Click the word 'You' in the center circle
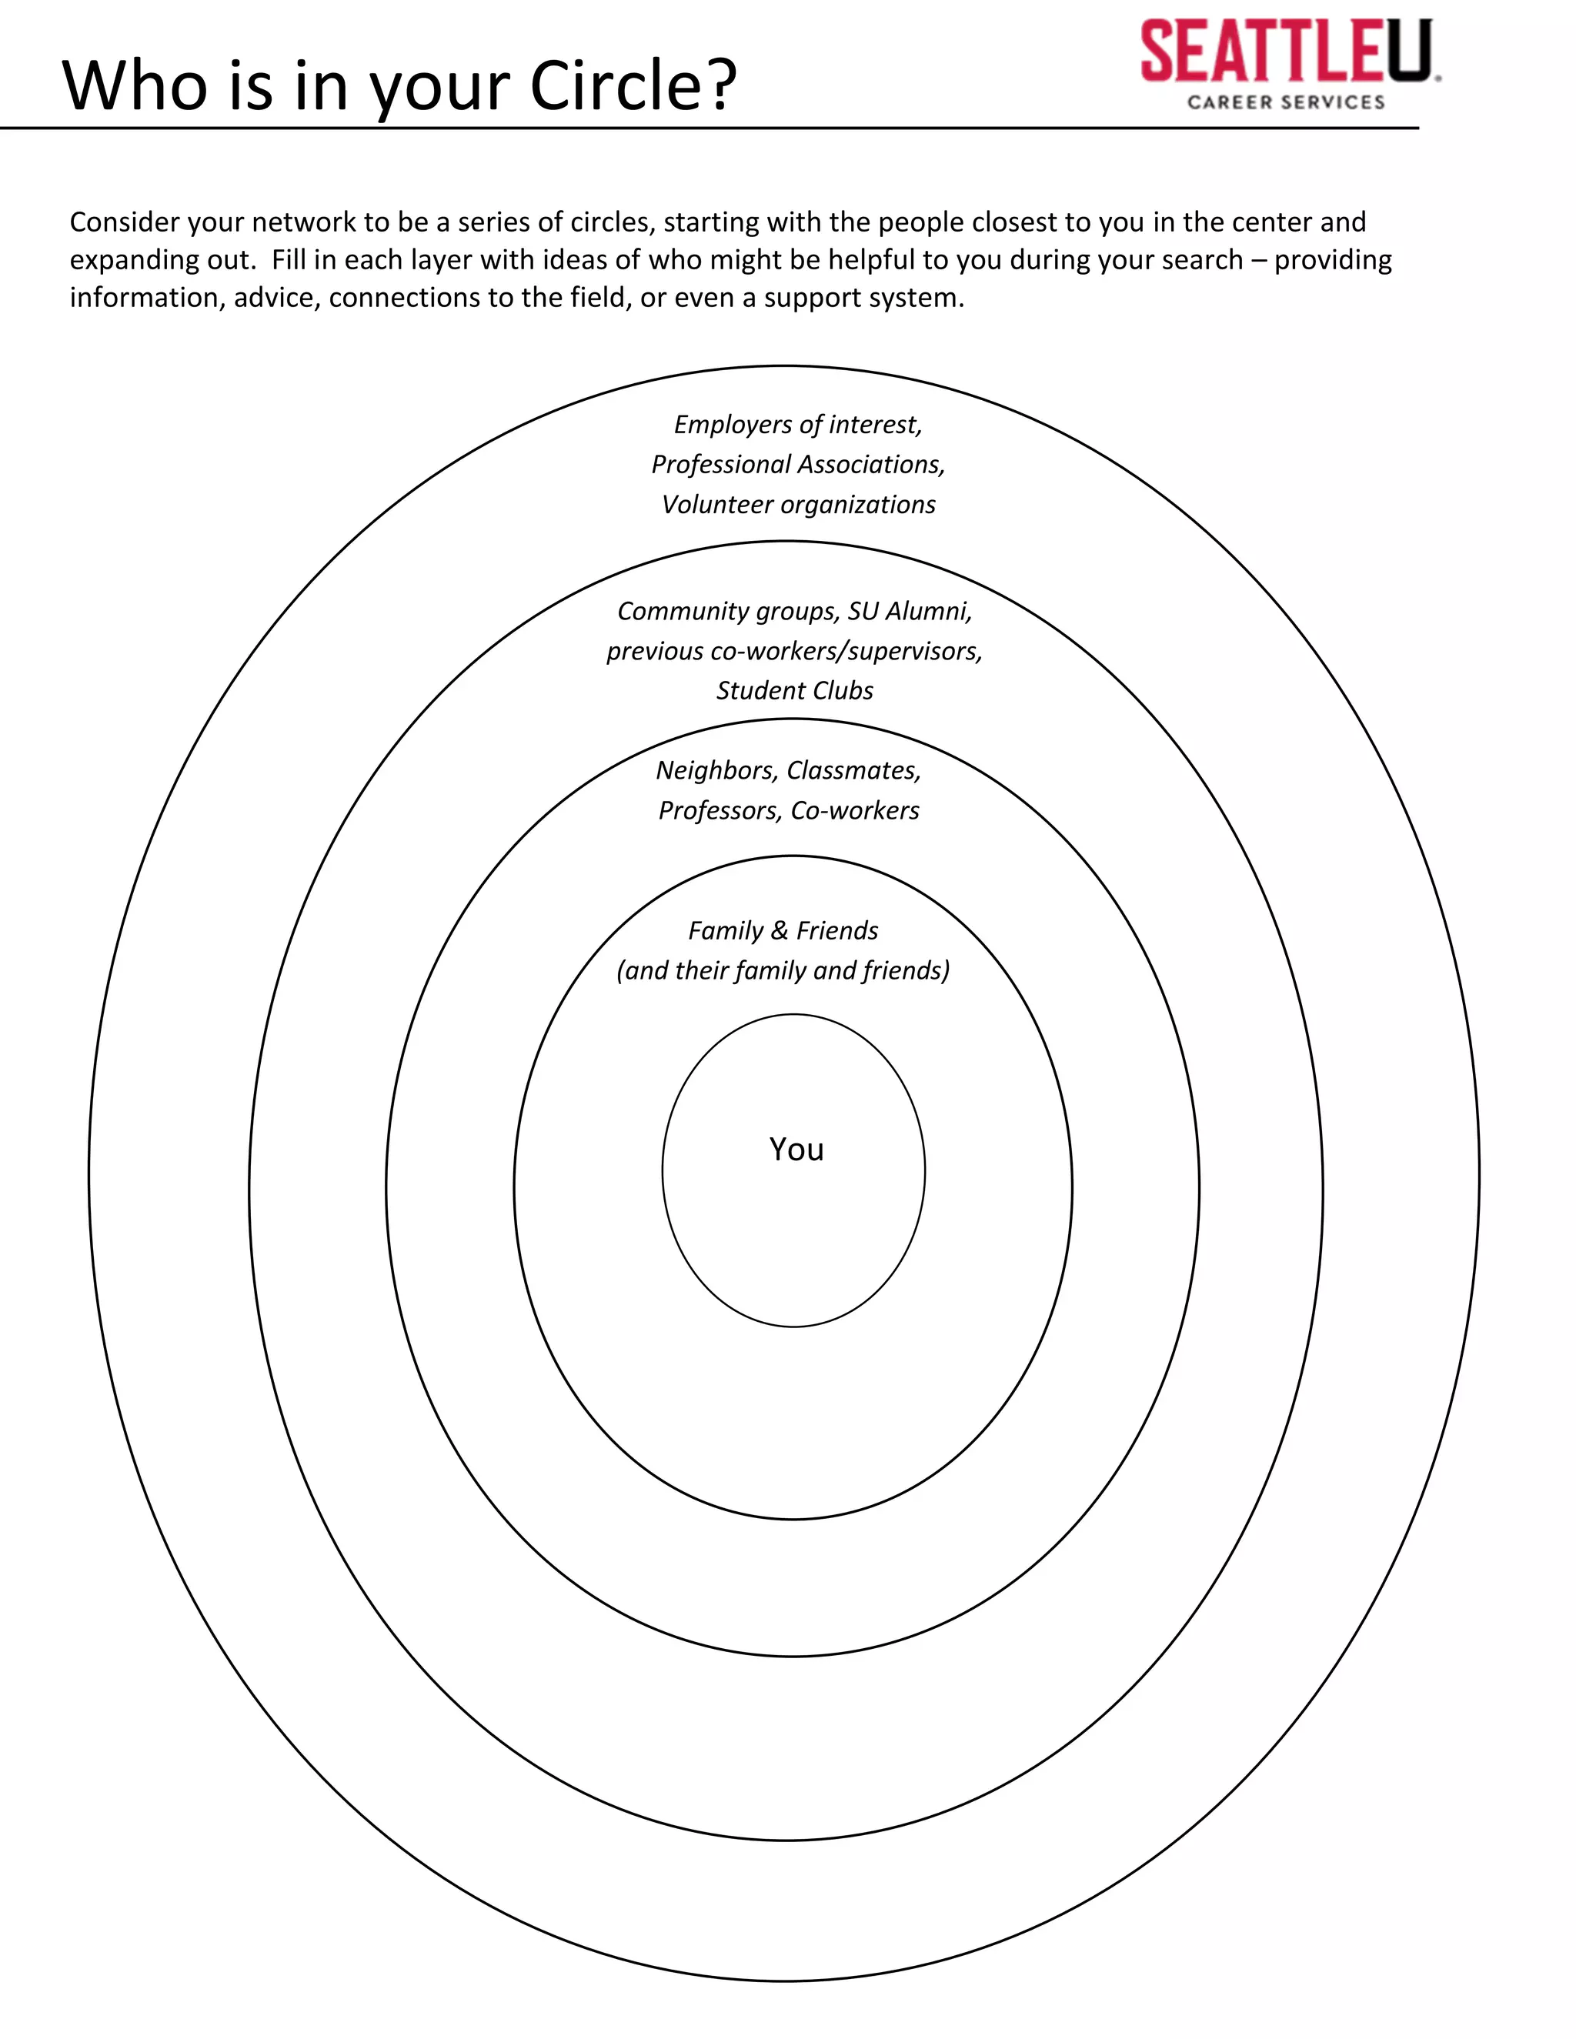pos(796,1150)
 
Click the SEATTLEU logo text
pos(1286,52)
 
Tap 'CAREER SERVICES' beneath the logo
pos(1286,102)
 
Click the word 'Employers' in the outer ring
pos(732,425)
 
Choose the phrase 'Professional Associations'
pos(796,464)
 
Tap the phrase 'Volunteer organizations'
pos(798,504)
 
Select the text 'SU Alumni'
pos(910,612)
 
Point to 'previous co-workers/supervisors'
pos(793,651)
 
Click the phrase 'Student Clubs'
pos(794,691)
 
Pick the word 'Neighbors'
pos(716,770)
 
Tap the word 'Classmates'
pos(853,770)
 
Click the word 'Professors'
pos(719,810)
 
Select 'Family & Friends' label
pos(783,931)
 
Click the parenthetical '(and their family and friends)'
pos(783,971)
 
